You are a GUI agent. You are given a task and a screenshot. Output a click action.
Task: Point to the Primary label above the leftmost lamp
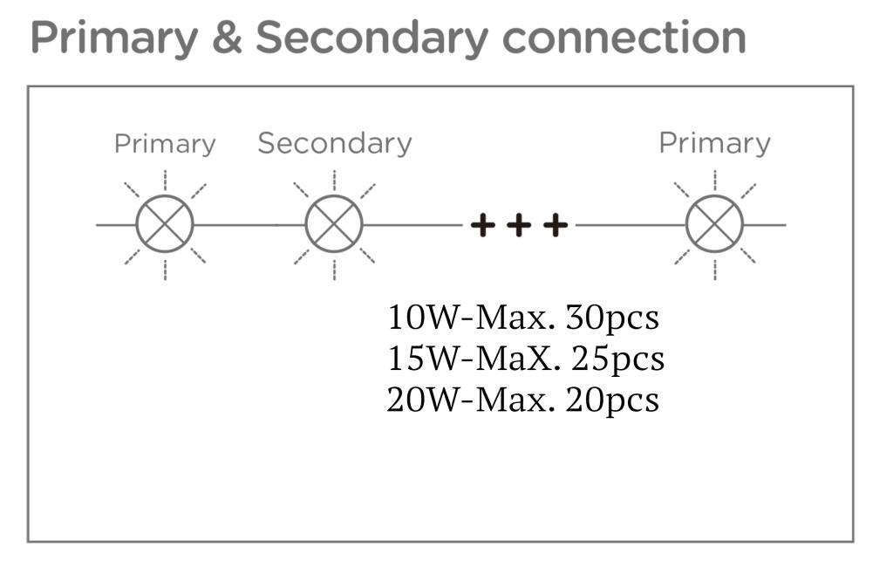[165, 144]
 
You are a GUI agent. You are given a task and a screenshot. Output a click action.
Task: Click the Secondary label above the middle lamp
[334, 143]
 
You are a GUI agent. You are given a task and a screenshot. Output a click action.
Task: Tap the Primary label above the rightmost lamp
[714, 143]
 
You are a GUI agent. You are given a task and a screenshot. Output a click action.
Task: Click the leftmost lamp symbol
[165, 225]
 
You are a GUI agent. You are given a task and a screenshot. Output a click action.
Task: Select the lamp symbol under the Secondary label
[334, 225]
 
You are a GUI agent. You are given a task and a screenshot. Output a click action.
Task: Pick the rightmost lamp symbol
[714, 225]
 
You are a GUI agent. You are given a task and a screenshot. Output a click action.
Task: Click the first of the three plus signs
[482, 226]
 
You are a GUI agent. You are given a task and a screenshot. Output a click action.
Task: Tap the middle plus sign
[519, 226]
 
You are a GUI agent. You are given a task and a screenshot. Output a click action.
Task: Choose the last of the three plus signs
[556, 226]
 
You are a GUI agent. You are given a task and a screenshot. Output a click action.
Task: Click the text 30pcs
[612, 318]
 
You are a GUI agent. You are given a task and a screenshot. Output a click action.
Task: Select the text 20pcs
[612, 400]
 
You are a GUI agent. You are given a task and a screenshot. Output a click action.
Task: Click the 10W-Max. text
[471, 318]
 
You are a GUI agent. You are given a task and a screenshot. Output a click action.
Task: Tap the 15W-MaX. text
[474, 359]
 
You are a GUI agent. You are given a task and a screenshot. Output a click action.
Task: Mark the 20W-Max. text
[471, 400]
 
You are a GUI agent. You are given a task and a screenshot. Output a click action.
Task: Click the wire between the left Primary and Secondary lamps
[249, 225]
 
